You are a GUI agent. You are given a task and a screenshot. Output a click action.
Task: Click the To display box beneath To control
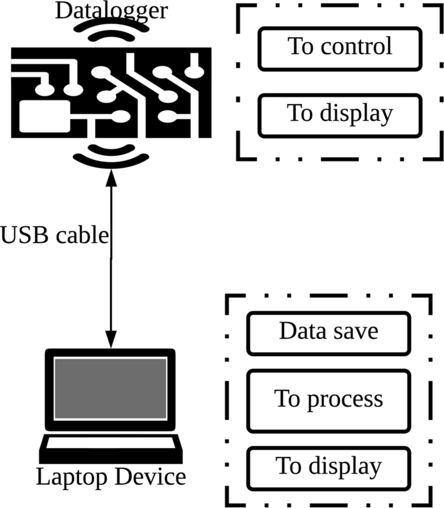click(x=340, y=114)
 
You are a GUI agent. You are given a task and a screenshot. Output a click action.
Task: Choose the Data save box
click(x=328, y=333)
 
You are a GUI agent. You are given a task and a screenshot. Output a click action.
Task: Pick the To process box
click(x=328, y=400)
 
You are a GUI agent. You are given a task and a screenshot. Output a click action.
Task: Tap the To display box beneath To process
click(x=328, y=467)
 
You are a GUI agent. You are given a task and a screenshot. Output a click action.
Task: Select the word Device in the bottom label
click(x=150, y=477)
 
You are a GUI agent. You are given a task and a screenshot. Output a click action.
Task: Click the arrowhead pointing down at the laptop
click(x=111, y=341)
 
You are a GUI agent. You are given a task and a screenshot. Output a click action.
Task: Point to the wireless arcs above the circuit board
click(x=111, y=31)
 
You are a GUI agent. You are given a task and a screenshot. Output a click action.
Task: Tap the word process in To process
click(x=345, y=400)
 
